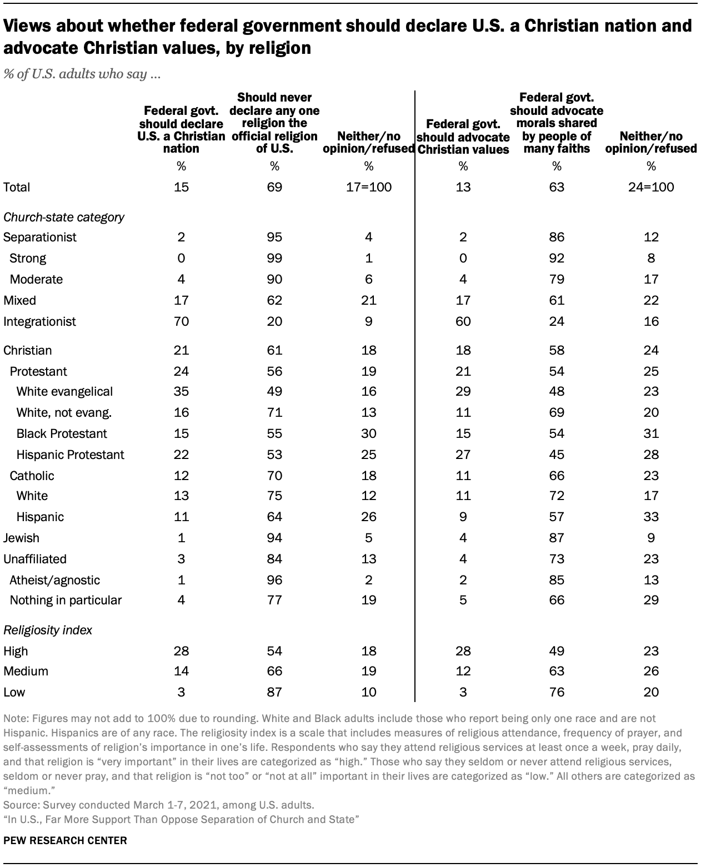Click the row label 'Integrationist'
[x=39, y=321]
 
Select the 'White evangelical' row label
[x=64, y=391]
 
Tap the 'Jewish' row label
[x=21, y=538]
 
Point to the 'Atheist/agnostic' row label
[x=54, y=580]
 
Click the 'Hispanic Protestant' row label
[x=70, y=455]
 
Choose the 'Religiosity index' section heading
[x=48, y=630]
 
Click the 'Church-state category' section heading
[x=63, y=217]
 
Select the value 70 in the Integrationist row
[x=181, y=321]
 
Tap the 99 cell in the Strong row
[x=274, y=258]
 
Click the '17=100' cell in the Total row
[x=369, y=187]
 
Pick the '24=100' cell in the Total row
[x=651, y=187]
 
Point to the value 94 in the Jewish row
[x=274, y=538]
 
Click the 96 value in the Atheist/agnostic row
[x=274, y=580]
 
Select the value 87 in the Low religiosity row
[x=274, y=692]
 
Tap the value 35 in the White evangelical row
[x=181, y=391]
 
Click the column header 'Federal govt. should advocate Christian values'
[x=463, y=137]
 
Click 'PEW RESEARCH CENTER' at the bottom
[x=65, y=840]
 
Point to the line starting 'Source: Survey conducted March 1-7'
[x=158, y=804]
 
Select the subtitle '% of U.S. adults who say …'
[x=82, y=74]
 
